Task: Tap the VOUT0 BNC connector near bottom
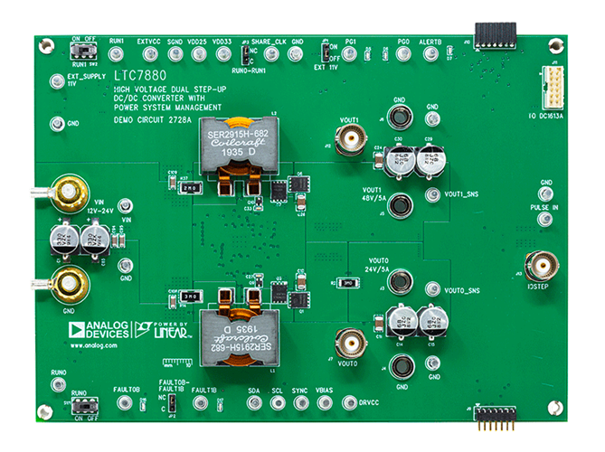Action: click(349, 343)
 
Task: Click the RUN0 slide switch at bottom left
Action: click(84, 409)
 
